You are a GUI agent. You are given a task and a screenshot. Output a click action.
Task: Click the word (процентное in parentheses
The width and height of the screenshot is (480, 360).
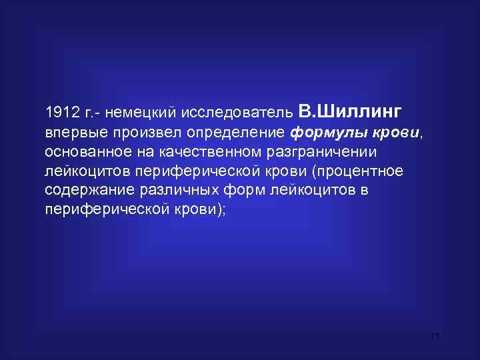(361, 171)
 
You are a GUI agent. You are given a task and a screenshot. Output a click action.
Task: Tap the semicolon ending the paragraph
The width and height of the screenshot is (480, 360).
(225, 209)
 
